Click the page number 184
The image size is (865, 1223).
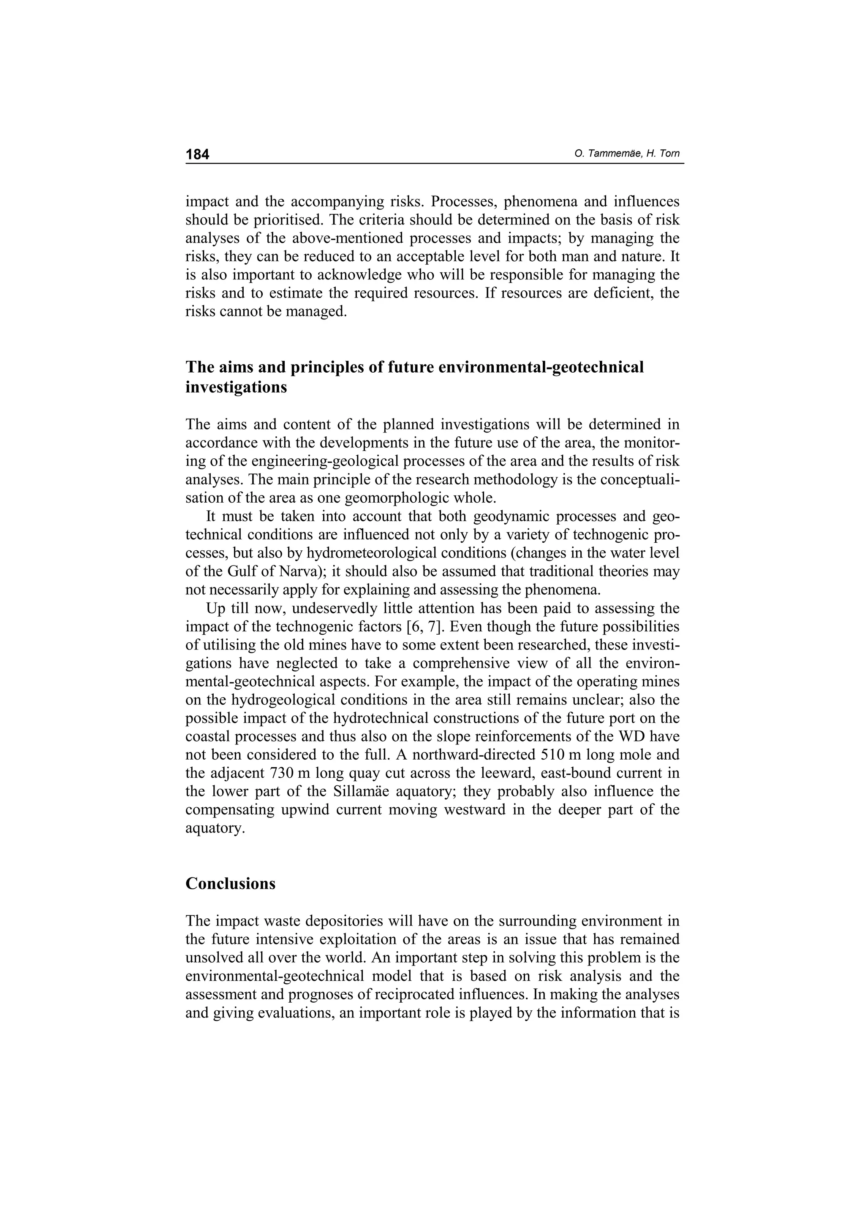click(x=197, y=154)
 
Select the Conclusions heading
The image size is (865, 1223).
click(x=230, y=884)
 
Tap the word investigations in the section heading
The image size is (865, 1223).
click(x=236, y=387)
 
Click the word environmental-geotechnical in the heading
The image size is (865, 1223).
click(x=541, y=367)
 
